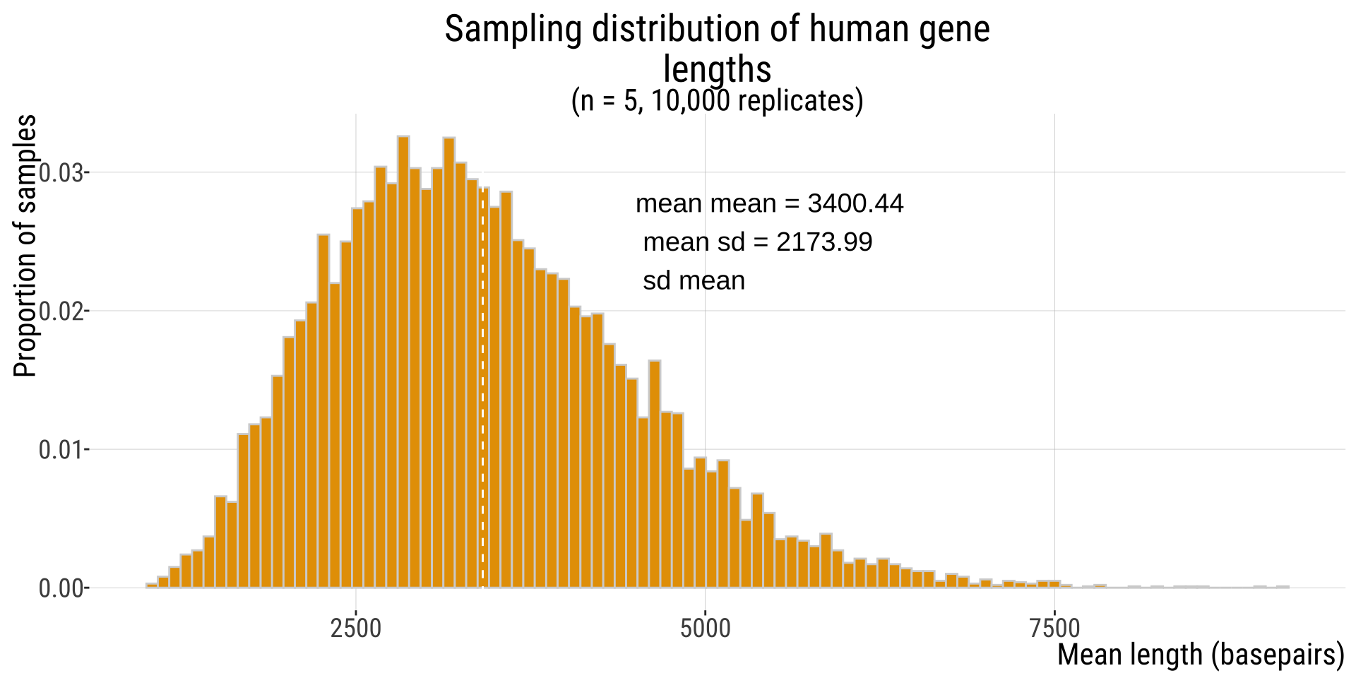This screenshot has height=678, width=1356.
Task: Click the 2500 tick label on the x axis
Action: (356, 628)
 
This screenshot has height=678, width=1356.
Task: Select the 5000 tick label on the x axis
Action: (705, 628)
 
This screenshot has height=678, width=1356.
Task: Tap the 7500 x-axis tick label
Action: (1054, 628)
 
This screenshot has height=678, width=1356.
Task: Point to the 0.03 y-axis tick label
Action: (61, 173)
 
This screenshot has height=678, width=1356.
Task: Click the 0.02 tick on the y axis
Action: (61, 311)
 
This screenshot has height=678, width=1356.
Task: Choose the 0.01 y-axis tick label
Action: (61, 450)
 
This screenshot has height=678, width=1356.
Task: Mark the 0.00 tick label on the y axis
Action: (61, 588)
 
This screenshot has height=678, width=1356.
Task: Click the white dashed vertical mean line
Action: (482, 424)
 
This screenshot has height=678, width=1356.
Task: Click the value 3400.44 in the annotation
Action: (855, 204)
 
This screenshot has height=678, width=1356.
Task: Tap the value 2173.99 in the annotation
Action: (824, 242)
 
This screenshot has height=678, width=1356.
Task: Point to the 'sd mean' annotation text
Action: (694, 281)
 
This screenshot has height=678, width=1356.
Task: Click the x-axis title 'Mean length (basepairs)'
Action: (1200, 655)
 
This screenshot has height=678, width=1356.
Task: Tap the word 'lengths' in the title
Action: (717, 69)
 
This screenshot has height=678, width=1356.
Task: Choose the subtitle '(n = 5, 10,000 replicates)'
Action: (717, 101)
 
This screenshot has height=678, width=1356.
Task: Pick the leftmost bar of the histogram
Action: (151, 585)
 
